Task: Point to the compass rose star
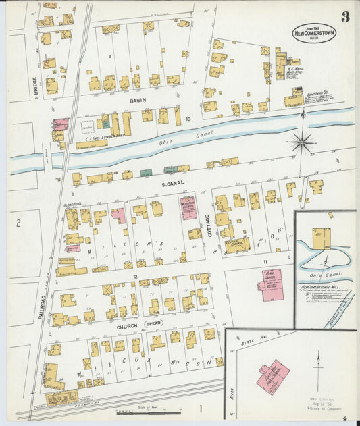(x=301, y=142)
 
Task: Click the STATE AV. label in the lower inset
(x=249, y=346)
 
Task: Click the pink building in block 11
(x=271, y=284)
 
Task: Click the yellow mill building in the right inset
(x=321, y=239)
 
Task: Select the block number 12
(x=135, y=277)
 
